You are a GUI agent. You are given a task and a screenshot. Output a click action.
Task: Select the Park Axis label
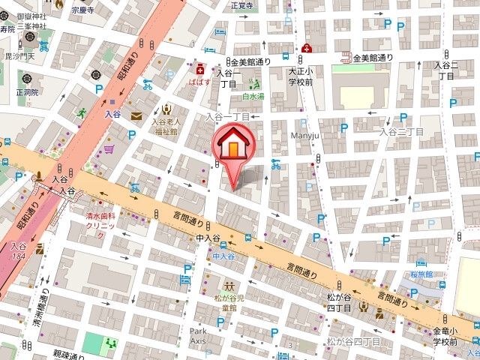pyautogui.click(x=197, y=336)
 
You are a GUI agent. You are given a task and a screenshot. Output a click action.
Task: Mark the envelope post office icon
pyautogui.click(x=136, y=116)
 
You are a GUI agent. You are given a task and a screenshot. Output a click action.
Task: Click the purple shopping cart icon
pyautogui.click(x=109, y=149)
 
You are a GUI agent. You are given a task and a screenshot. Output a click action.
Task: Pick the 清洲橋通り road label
pyautogui.click(x=43, y=307)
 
